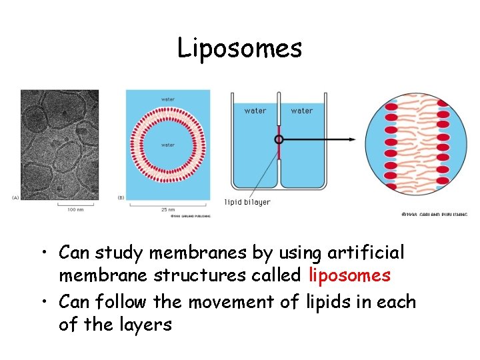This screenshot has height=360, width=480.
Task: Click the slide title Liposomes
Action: (239, 48)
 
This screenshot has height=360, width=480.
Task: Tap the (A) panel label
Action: (15, 197)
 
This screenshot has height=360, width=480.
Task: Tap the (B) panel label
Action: (121, 197)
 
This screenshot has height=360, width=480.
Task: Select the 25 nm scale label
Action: (167, 209)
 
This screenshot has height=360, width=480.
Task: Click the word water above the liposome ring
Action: (168, 100)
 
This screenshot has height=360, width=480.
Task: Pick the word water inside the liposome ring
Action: (168, 145)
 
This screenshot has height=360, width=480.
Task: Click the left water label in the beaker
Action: (255, 111)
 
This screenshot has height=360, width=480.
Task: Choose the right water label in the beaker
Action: (302, 111)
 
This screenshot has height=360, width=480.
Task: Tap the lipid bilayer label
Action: (247, 202)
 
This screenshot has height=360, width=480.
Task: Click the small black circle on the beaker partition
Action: (279, 139)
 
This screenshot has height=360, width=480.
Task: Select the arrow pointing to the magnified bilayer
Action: (320, 139)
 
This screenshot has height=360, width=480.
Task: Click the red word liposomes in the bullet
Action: (350, 275)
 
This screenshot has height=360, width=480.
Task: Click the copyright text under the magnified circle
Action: (434, 214)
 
